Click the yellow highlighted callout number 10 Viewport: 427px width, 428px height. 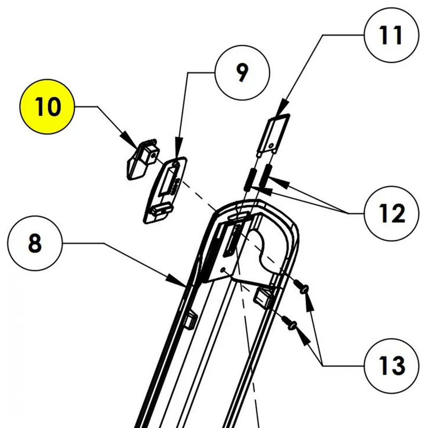coord(48,107)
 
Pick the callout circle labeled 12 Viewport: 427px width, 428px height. coord(391,213)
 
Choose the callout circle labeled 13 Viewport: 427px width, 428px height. coord(391,366)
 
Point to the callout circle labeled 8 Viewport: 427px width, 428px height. coord(35,244)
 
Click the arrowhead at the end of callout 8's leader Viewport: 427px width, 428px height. coord(181,281)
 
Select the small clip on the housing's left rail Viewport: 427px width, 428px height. coord(189,320)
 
